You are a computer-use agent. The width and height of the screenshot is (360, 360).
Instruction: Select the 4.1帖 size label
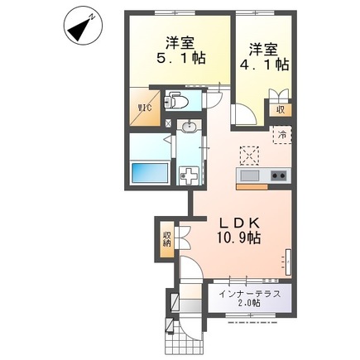(264, 63)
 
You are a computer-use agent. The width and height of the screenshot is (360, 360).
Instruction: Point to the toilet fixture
(173, 102)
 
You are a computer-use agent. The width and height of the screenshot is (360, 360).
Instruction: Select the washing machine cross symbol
(190, 175)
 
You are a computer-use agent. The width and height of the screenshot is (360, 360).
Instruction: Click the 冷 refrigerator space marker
(281, 135)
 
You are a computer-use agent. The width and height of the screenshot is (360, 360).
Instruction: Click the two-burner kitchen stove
(277, 175)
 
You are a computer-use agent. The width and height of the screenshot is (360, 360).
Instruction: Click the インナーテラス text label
(248, 294)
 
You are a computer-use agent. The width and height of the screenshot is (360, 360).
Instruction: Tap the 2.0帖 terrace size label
(248, 305)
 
